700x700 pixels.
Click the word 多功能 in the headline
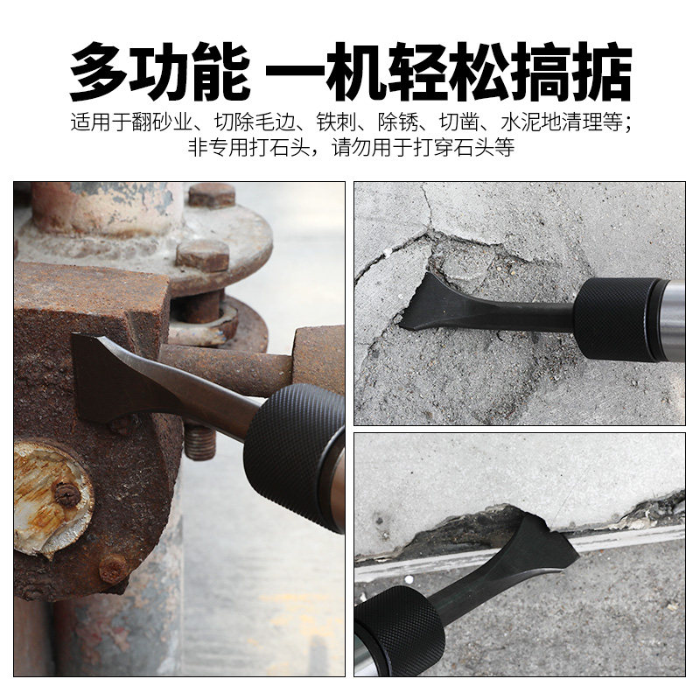[x=159, y=72]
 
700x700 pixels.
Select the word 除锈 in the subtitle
[x=398, y=122]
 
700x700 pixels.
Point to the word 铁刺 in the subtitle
[x=337, y=122]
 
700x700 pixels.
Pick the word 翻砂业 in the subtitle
[x=163, y=122]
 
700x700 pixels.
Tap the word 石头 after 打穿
[x=474, y=147]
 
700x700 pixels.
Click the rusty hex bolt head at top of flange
[x=212, y=195]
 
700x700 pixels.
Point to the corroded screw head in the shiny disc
[x=67, y=494]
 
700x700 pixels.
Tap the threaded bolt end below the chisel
[x=199, y=443]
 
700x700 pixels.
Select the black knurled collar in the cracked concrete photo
[x=615, y=318]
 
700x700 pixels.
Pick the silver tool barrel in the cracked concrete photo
[x=671, y=319]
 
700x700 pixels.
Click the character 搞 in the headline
[x=539, y=72]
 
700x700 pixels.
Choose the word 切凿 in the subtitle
[x=460, y=122]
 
